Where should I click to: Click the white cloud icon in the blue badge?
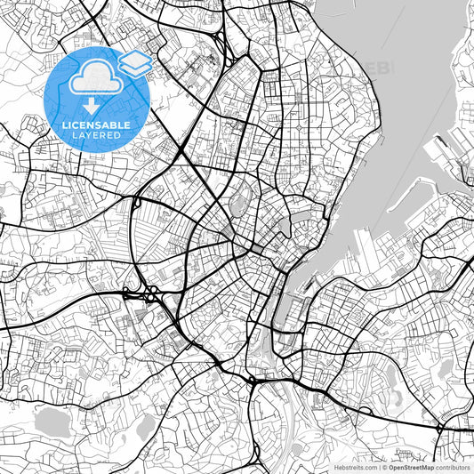point(93,78)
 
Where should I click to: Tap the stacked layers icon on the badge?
point(134,62)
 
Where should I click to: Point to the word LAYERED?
point(96,136)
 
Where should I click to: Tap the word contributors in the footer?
point(454,467)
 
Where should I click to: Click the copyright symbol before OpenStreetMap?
point(383,467)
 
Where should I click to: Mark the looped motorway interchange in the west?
point(142,294)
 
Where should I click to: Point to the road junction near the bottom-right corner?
point(439,428)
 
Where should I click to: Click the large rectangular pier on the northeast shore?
point(442,148)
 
